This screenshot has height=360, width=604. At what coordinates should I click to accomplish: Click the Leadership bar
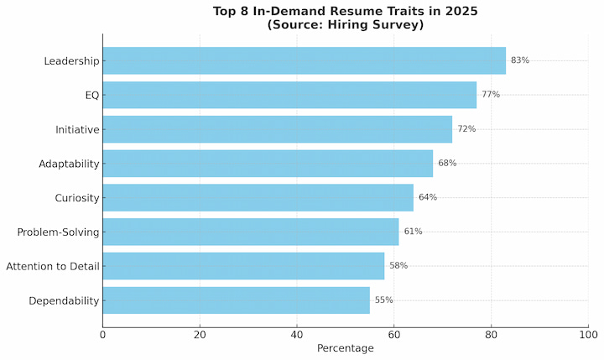(304, 60)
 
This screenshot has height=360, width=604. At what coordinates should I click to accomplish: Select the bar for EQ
(289, 95)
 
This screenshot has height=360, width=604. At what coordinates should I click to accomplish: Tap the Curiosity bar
(258, 197)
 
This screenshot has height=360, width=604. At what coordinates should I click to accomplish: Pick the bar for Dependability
(236, 300)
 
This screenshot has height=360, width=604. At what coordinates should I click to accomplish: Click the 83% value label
(520, 60)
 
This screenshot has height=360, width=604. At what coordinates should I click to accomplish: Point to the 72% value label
(466, 129)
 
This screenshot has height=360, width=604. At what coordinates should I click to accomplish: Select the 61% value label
(413, 232)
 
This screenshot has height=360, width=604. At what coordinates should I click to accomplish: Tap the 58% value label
(398, 266)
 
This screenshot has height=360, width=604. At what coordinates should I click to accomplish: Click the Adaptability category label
(69, 164)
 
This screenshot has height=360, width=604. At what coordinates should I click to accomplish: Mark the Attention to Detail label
(53, 267)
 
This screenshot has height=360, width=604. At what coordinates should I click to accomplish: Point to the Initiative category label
(77, 129)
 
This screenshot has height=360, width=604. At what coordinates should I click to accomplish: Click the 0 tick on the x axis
(102, 336)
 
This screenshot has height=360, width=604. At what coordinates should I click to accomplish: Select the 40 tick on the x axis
(297, 336)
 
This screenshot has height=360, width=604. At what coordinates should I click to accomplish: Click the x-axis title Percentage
(345, 348)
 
